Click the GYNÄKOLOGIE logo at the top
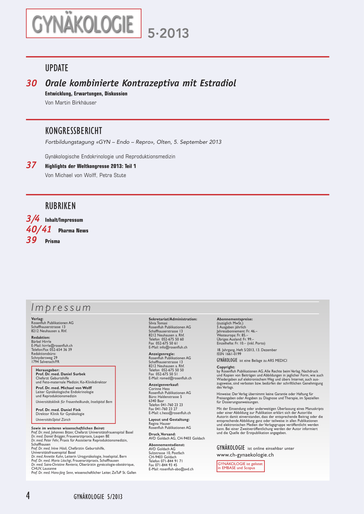click(84, 24)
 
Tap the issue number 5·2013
click(168, 33)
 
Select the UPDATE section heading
click(57, 68)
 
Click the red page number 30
click(31, 83)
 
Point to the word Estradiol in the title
click(218, 83)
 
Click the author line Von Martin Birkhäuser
click(71, 103)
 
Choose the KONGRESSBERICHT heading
click(74, 131)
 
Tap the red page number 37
click(31, 165)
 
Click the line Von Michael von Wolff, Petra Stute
click(85, 175)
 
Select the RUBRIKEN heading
click(60, 206)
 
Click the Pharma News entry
click(73, 231)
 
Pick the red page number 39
click(31, 240)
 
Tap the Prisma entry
click(52, 241)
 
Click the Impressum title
click(61, 307)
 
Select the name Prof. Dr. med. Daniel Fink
click(58, 410)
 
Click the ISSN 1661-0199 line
click(229, 354)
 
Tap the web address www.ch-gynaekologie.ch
click(245, 455)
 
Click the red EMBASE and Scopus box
click(240, 466)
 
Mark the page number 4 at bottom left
click(28, 496)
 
